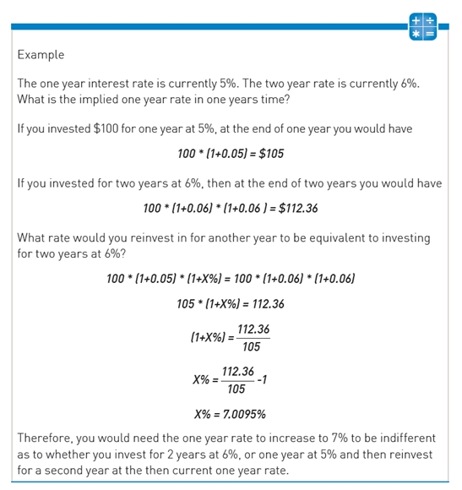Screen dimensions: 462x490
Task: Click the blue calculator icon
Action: (421, 25)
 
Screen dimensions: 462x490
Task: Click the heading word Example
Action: (41, 55)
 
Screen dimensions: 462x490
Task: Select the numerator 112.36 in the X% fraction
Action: (237, 370)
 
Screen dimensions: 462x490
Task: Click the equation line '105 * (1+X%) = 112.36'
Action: (230, 303)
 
